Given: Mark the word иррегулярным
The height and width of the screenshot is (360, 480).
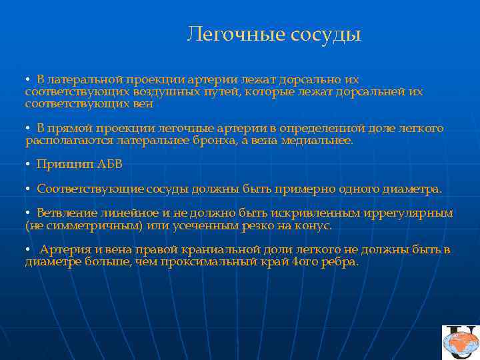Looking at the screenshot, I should [409, 213].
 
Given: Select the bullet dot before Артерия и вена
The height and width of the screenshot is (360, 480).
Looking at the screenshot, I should [28, 251].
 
